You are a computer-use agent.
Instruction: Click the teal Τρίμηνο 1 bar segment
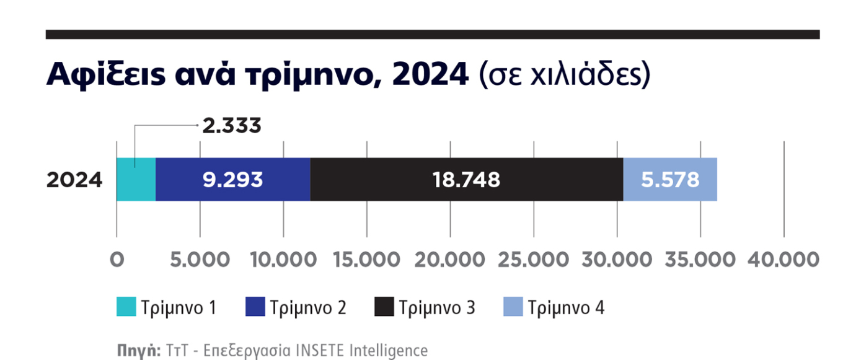(x=136, y=180)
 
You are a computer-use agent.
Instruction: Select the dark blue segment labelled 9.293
(x=232, y=180)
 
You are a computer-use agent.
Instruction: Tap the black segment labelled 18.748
(x=466, y=180)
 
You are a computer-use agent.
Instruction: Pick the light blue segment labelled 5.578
(x=670, y=180)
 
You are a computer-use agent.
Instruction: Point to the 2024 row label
(x=74, y=180)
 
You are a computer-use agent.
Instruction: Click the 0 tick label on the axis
(x=116, y=260)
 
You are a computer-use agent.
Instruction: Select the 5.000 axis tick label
(x=200, y=260)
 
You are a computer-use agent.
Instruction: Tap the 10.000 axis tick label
(x=283, y=260)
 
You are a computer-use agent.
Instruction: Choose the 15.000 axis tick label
(x=366, y=260)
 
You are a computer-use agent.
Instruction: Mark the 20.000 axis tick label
(x=451, y=260)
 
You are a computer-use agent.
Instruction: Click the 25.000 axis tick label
(x=534, y=260)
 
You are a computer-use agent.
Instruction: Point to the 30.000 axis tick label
(x=617, y=260)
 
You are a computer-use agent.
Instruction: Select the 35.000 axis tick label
(x=700, y=260)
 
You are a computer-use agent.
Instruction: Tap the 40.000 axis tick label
(x=784, y=260)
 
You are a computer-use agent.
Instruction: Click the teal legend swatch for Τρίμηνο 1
(x=126, y=307)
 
